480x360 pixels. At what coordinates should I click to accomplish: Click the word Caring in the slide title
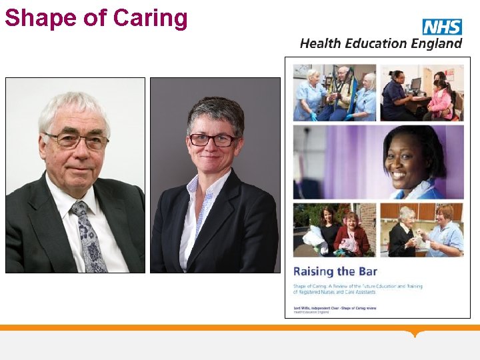(x=151, y=17)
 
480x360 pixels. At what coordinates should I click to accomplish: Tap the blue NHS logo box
(x=442, y=27)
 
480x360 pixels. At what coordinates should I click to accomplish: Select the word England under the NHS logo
(x=435, y=43)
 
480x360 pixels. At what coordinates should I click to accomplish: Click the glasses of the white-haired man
(x=75, y=141)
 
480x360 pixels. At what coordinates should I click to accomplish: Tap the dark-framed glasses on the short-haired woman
(x=213, y=139)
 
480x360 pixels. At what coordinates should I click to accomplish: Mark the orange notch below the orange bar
(x=417, y=333)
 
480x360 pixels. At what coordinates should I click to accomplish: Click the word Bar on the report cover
(x=364, y=271)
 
